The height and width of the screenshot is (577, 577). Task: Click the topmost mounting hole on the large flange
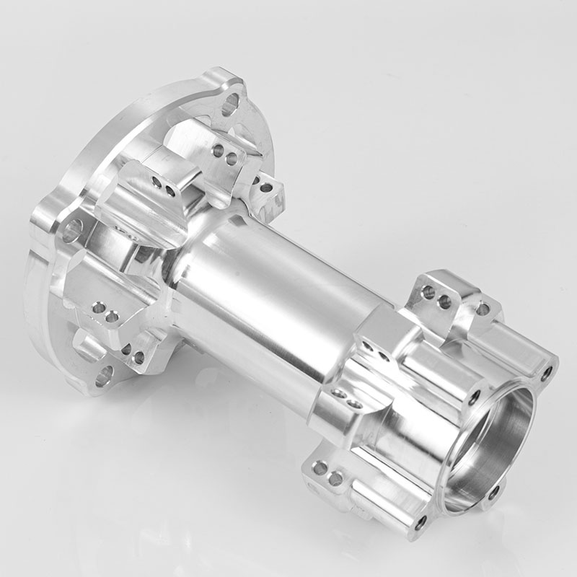pos(230,106)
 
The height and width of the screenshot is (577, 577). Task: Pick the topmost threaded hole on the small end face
pos(547,372)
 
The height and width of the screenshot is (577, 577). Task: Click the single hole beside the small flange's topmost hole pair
pos(482,309)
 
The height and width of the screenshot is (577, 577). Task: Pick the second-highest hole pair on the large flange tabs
pos(163,186)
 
